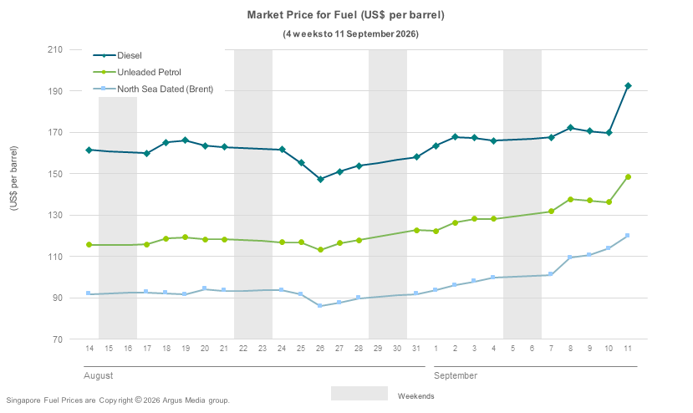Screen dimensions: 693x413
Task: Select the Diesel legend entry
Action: tap(118, 55)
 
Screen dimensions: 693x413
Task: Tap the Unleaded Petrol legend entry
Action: tap(137, 72)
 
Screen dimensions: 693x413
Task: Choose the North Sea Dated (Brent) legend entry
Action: tap(153, 89)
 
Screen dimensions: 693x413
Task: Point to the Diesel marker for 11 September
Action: tap(628, 86)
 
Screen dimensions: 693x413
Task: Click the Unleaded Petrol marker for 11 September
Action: tap(628, 177)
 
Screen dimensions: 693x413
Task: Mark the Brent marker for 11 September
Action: tap(627, 236)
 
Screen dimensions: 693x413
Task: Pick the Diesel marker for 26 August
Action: tap(320, 180)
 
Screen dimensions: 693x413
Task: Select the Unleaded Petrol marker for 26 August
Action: tap(320, 250)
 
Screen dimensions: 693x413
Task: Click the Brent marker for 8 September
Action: tap(569, 257)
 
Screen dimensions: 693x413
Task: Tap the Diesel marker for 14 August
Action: tap(89, 150)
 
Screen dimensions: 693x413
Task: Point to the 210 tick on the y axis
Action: tap(55, 49)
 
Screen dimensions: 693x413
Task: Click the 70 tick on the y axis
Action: tap(58, 339)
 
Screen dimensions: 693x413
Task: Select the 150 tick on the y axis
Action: tap(55, 174)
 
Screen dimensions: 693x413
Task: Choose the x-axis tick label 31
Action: tap(416, 349)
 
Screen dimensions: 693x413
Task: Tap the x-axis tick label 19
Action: tap(186, 349)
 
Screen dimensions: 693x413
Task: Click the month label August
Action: tap(98, 375)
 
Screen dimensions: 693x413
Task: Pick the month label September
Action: tap(456, 375)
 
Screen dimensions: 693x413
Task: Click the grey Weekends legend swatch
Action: tap(359, 393)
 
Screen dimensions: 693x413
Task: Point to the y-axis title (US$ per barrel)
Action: tap(13, 178)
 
